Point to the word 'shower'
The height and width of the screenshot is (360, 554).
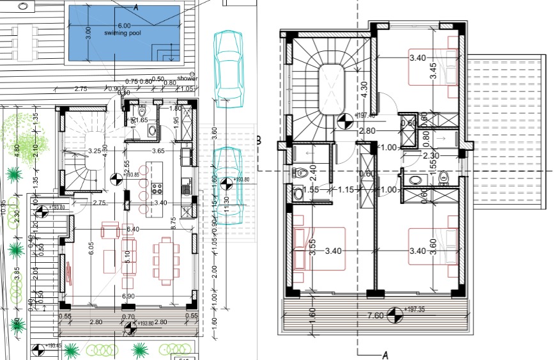187,79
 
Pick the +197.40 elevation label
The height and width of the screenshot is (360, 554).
366,116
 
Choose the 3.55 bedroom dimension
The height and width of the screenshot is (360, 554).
312,247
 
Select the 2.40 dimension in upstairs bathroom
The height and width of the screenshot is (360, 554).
313,172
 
